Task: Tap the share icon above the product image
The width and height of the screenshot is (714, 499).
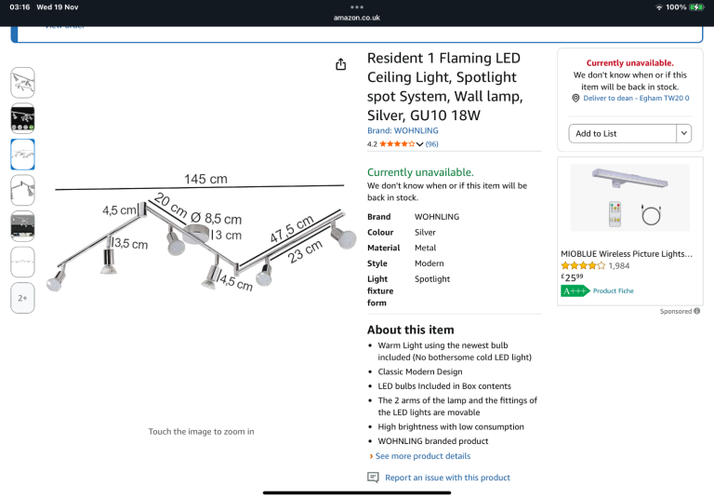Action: coord(340,64)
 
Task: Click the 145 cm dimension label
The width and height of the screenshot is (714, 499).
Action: coord(205,179)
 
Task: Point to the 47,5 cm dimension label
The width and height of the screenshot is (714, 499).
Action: coord(291,228)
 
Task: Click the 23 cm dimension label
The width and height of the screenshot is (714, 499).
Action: coord(305,250)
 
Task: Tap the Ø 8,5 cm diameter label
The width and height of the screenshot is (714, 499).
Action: coord(216,219)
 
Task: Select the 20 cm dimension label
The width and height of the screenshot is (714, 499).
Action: coord(171,205)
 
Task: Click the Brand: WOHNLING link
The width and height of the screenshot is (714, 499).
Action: coord(403,130)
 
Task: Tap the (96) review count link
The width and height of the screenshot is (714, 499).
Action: coord(431,144)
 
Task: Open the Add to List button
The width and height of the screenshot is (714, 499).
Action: coord(623,134)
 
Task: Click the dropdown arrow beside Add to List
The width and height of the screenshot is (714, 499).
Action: coord(684,134)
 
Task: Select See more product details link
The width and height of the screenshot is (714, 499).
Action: coord(423,456)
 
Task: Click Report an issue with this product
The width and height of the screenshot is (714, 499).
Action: coord(447,478)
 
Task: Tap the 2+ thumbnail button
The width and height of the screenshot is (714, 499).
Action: coord(22,298)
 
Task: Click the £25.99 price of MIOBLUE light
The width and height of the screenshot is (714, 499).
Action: coord(572,276)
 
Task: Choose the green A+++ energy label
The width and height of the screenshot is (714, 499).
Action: coord(575,291)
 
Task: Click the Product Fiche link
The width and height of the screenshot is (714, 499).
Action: coord(613,291)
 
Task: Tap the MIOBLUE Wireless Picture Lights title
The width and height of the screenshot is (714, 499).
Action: coord(627,254)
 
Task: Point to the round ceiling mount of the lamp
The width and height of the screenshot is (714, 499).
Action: coord(196,234)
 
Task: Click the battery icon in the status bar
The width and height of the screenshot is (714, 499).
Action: coord(696,7)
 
